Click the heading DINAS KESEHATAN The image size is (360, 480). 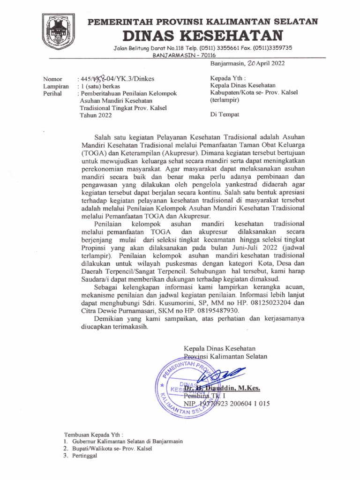tap(203, 35)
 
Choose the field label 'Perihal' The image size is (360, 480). tap(53, 94)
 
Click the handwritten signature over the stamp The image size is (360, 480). tap(221, 375)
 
